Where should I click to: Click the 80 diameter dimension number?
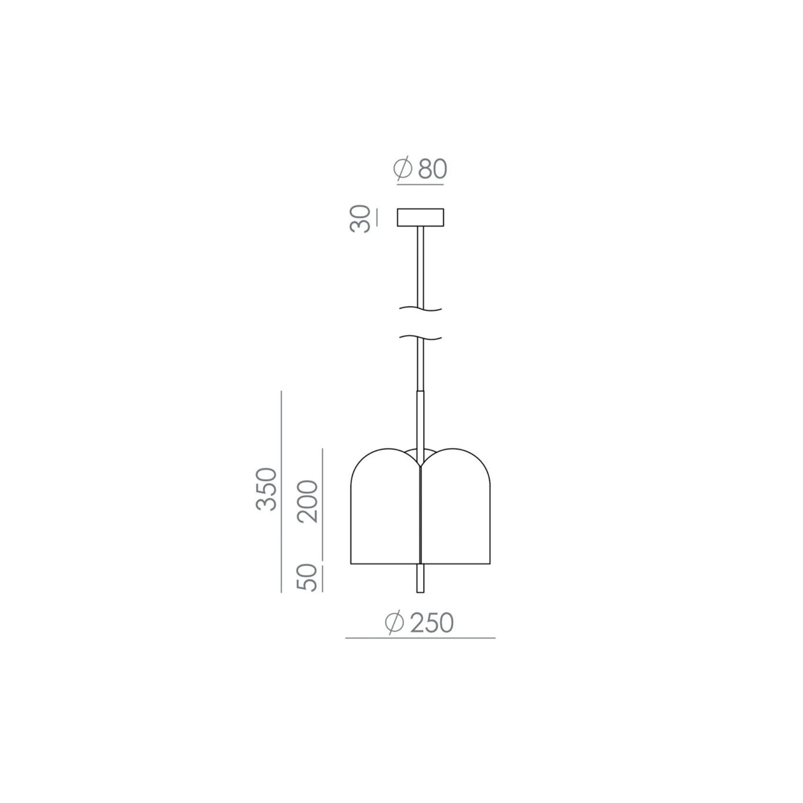coord(432,169)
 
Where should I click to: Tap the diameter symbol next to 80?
coord(403,168)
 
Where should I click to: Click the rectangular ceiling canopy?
coord(420,217)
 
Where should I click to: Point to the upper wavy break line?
coord(420,309)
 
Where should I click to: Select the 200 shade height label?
coord(308,501)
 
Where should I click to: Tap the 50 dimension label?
coord(308,578)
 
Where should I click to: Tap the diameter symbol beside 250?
coord(395,623)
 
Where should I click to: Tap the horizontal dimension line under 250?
coord(420,638)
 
